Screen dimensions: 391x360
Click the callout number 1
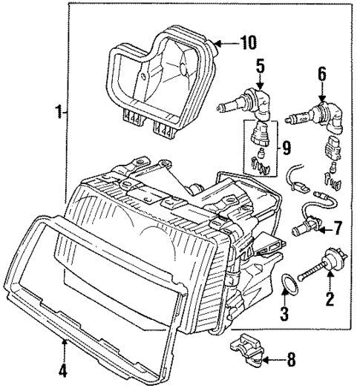click(56, 114)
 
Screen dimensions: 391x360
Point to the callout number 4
click(63, 369)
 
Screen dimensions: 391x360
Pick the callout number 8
click(291, 361)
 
